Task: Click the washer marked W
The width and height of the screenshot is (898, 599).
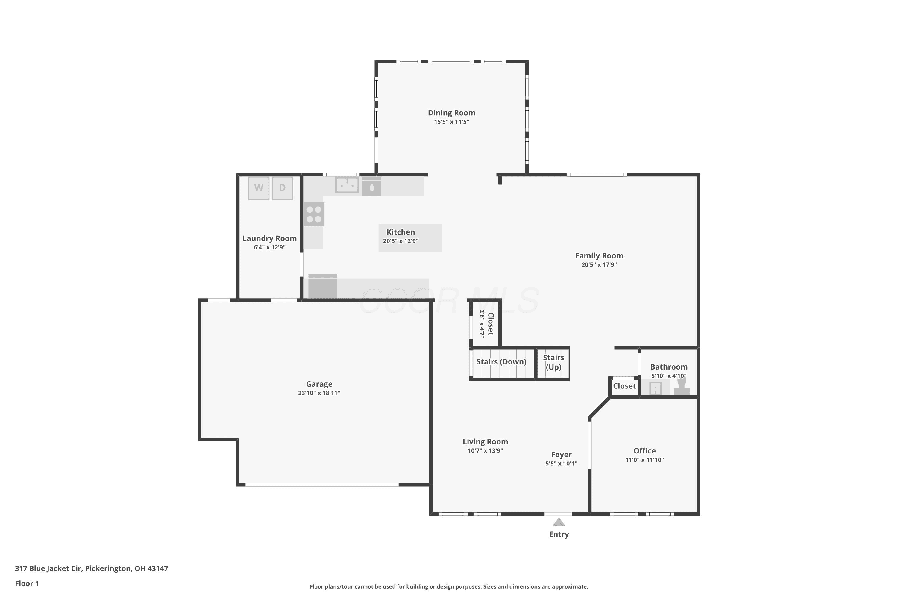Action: [259, 188]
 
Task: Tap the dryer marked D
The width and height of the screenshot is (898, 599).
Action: [282, 188]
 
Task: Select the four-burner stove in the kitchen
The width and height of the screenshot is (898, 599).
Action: [314, 214]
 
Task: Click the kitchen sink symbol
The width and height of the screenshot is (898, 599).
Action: [347, 185]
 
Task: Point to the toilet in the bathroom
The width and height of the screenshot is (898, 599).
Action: [682, 386]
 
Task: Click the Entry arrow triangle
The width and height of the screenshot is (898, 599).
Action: [559, 522]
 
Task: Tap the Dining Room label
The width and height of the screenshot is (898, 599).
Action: [451, 113]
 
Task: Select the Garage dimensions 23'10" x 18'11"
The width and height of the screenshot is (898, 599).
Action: [319, 393]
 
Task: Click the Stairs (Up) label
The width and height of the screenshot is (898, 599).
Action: [553, 362]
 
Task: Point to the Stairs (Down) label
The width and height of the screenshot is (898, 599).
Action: [501, 362]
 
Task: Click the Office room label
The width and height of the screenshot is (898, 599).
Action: [644, 451]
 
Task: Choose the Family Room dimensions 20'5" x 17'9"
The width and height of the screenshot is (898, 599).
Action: [599, 265]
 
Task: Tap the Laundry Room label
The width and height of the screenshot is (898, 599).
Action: [270, 238]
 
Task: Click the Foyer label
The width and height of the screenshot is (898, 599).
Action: [561, 455]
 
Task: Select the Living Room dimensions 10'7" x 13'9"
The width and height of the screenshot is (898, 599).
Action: [485, 451]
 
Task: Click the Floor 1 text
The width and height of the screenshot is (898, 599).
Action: [27, 583]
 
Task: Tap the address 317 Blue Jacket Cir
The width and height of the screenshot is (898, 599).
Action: [48, 568]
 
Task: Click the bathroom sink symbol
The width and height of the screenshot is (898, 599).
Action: [655, 388]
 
